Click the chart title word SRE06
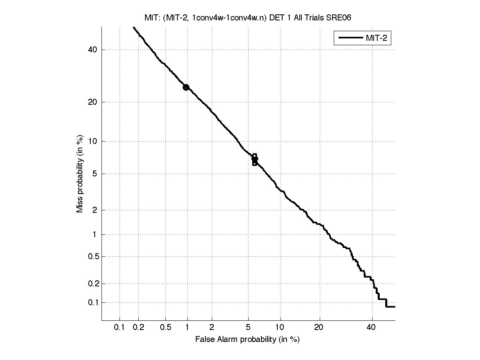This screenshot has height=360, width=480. click(x=339, y=18)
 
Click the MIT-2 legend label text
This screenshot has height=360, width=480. click(x=378, y=38)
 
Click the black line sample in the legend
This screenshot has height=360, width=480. click(x=350, y=38)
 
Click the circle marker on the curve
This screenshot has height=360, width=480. click(x=186, y=87)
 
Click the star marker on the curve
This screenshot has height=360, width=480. click(x=255, y=159)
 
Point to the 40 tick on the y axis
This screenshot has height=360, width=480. click(x=93, y=50)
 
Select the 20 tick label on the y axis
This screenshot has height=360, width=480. click(x=93, y=102)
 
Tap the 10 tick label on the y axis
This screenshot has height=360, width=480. click(x=93, y=141)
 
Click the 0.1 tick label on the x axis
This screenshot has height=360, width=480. click(x=119, y=328)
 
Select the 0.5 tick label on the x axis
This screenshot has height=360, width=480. click(x=165, y=328)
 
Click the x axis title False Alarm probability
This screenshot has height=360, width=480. click(x=247, y=340)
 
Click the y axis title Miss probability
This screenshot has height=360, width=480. click(x=80, y=176)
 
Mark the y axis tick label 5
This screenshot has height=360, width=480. click(x=95, y=174)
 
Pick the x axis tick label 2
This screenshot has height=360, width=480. click(x=212, y=328)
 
